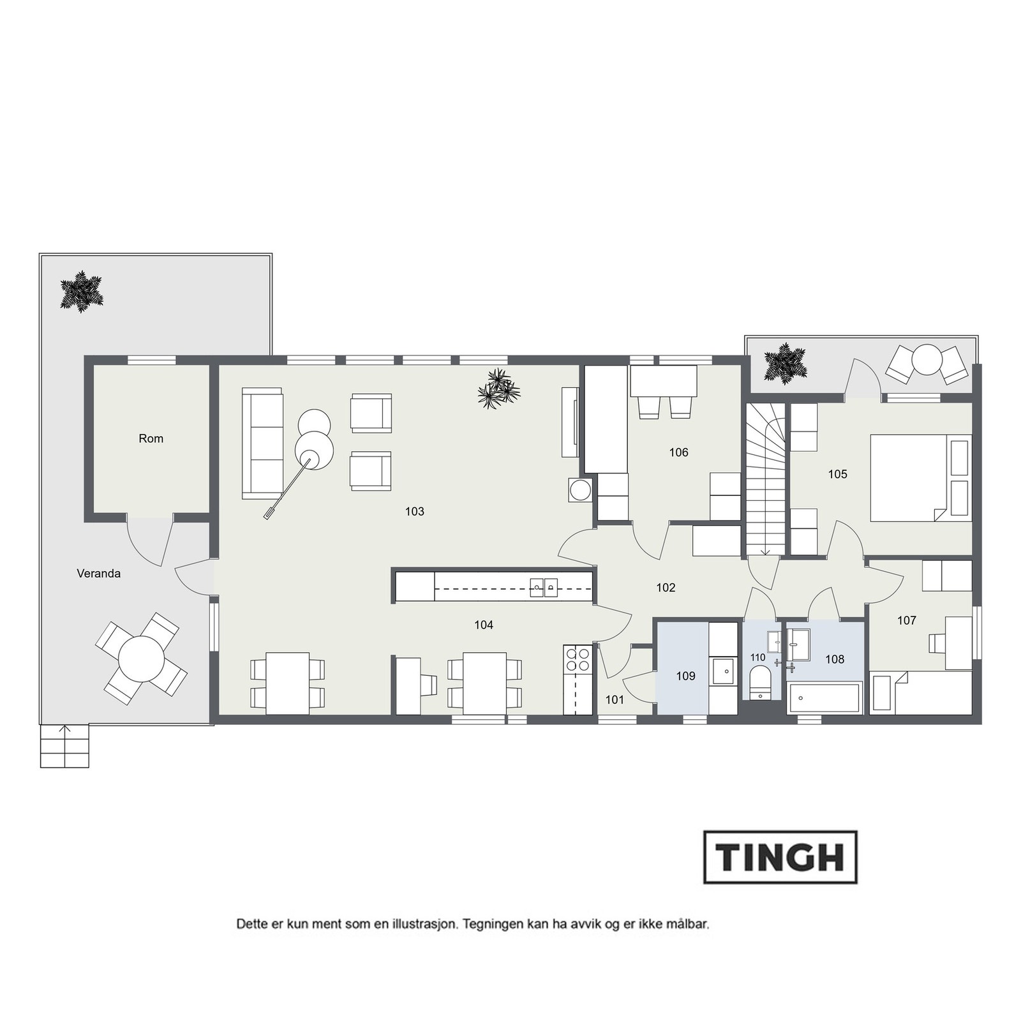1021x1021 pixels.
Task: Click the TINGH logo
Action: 780,857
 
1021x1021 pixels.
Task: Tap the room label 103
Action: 415,511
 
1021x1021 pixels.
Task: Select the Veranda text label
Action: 98,574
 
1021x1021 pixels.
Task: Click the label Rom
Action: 151,438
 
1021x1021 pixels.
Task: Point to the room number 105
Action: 837,474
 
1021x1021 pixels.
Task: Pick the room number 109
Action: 685,676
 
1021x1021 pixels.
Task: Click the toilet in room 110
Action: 760,681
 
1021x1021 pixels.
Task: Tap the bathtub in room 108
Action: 825,698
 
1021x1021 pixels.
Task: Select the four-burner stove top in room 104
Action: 578,659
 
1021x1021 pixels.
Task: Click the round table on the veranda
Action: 141,659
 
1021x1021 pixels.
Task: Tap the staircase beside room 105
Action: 766,479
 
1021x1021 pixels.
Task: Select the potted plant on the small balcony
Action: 785,364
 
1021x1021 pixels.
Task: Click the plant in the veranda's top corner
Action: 82,292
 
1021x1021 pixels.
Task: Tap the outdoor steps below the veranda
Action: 64,746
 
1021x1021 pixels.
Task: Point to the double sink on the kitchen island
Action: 544,586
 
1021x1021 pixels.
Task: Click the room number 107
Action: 906,620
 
